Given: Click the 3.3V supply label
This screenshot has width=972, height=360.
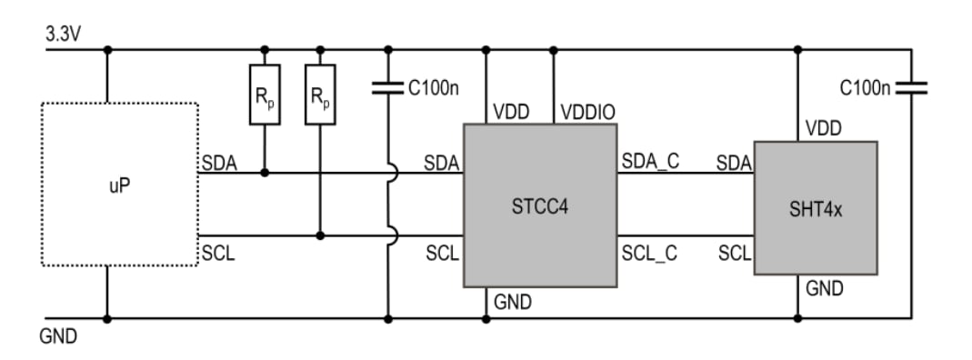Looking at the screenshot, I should coord(63,32).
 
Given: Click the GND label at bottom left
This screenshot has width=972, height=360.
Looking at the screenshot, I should coord(58,337).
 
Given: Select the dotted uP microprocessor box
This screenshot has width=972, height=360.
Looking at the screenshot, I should coord(120,185).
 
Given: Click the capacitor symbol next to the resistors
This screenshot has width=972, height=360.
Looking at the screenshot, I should coord(388,89).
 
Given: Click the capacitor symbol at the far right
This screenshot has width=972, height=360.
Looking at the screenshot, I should coord(911,88).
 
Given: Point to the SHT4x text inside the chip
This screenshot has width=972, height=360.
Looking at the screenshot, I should coord(816,209).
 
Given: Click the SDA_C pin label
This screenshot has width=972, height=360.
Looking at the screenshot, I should coord(650,162).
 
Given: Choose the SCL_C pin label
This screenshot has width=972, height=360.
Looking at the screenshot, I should coord(649,254).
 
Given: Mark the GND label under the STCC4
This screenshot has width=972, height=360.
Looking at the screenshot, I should coord(513,302).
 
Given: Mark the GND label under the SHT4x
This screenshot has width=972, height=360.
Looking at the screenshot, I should coord(824,289).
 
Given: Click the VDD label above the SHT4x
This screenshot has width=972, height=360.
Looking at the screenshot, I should coord(824,128).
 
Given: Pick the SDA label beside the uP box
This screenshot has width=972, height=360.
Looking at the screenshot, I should coord(219,163).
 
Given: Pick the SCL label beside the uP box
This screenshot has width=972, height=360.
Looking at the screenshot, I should coord(218,254).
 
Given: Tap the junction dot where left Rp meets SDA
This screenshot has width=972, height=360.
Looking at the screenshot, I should coord(265,172).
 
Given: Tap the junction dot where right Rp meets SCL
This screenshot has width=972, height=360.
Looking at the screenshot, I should coord(320,235).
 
